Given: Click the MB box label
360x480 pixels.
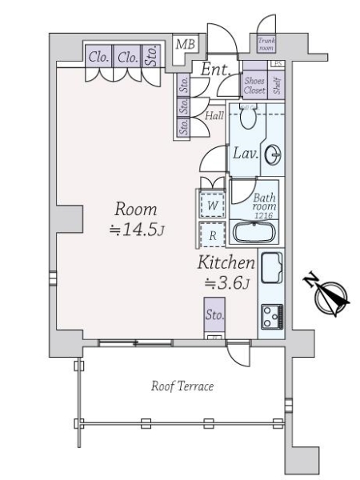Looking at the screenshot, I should [185, 45].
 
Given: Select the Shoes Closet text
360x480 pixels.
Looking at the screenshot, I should [254, 86].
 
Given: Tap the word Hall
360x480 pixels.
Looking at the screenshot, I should [214, 116].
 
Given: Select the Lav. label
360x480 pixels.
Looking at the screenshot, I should [246, 154].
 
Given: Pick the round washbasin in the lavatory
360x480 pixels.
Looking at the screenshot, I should [274, 154].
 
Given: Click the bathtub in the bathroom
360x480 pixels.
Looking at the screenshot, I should [254, 234].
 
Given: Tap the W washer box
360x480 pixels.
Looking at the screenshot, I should [212, 205].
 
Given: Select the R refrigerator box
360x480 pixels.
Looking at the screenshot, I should [212, 235].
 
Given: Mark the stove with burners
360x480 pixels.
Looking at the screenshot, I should [270, 318].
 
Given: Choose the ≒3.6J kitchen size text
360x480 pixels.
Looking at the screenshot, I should [228, 282].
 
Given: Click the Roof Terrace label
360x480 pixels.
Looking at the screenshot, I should [182, 386].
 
